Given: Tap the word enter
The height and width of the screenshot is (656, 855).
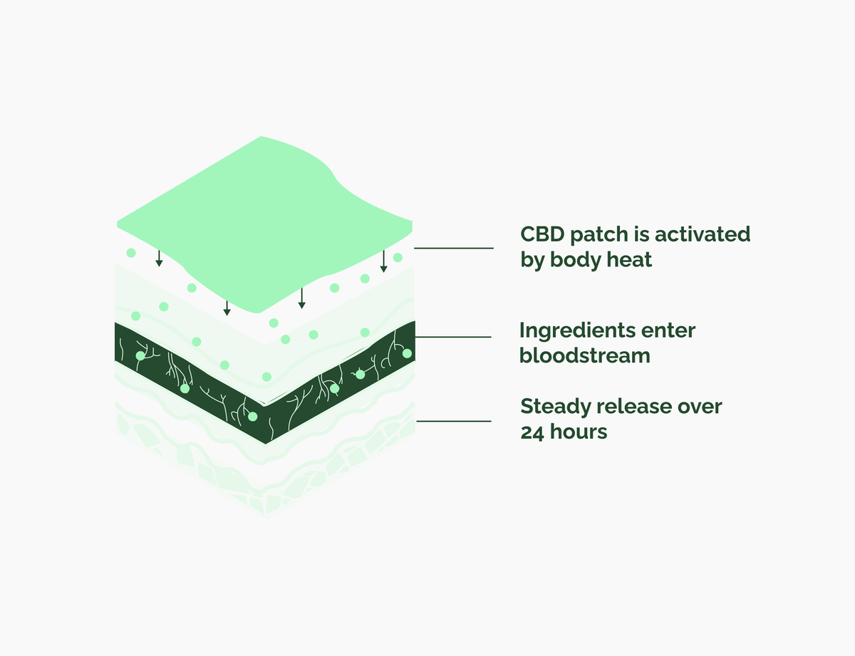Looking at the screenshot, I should pos(669,330).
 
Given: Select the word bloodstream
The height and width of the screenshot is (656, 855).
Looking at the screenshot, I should pos(585,355).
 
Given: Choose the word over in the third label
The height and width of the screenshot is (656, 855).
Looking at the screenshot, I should pos(700,406).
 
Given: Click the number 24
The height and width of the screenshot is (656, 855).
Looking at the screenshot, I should pos(532,432).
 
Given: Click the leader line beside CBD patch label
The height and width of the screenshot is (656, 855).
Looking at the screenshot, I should pos(454,248).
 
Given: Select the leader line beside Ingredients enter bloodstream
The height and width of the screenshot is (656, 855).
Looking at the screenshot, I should pos(454,337).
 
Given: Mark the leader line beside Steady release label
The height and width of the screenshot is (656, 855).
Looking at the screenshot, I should pos(454,421).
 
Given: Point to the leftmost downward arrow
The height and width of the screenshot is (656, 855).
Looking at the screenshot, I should pos(159,259).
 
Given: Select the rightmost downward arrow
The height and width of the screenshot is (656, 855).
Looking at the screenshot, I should pos(383,261).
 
